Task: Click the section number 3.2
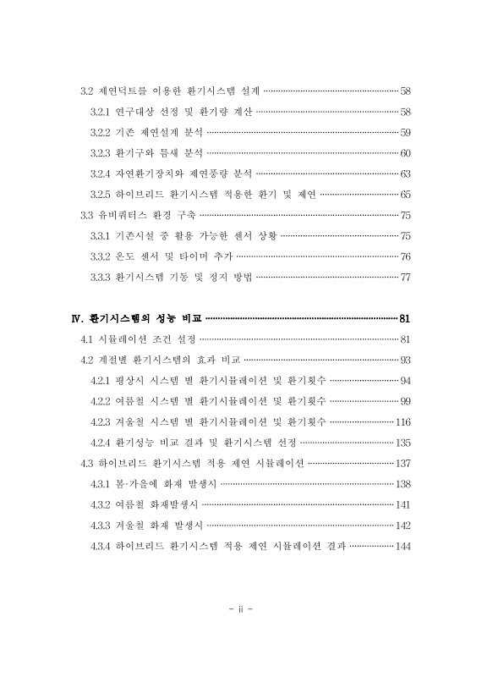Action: tap(87, 91)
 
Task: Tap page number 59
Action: tap(405, 132)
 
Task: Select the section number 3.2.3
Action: tap(101, 153)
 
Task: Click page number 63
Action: tap(405, 173)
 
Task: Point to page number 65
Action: tap(405, 195)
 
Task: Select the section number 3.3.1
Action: tap(101, 236)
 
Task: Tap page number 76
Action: tap(405, 256)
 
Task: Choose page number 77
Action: tap(405, 278)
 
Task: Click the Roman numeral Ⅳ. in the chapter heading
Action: tap(79, 319)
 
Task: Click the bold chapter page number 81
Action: tap(404, 319)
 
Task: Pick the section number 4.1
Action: tap(87, 339)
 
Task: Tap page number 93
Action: tap(405, 361)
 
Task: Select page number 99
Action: tap(405, 401)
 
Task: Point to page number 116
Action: tap(403, 422)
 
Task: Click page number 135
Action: tap(403, 443)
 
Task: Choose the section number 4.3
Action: tap(87, 464)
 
